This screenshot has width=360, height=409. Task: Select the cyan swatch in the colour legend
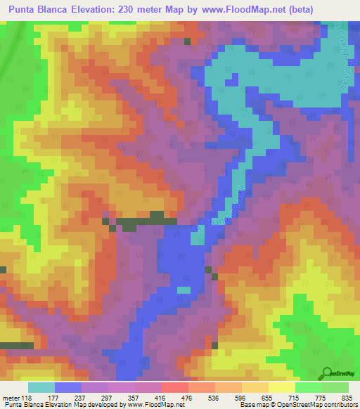coord(41,387)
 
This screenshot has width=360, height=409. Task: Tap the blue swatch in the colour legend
coord(68,387)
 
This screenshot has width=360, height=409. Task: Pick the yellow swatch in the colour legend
coord(282,387)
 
